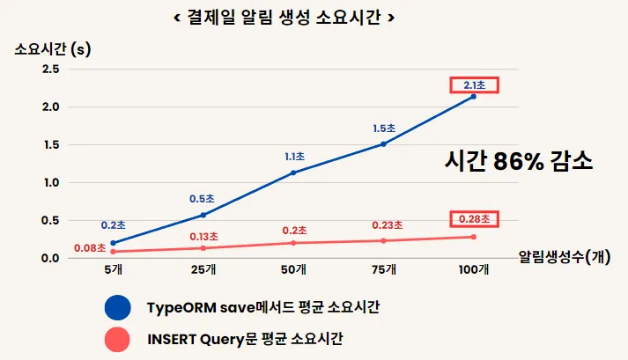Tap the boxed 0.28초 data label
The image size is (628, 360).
[475, 218]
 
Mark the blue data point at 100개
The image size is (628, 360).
[474, 96]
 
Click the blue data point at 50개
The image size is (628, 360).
[293, 173]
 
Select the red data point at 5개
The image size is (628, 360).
[114, 252]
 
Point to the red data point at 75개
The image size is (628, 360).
[383, 240]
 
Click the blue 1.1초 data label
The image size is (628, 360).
[294, 157]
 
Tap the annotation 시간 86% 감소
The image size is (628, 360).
[518, 162]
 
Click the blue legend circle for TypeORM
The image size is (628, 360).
[117, 307]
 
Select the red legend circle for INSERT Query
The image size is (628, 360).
[117, 337]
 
